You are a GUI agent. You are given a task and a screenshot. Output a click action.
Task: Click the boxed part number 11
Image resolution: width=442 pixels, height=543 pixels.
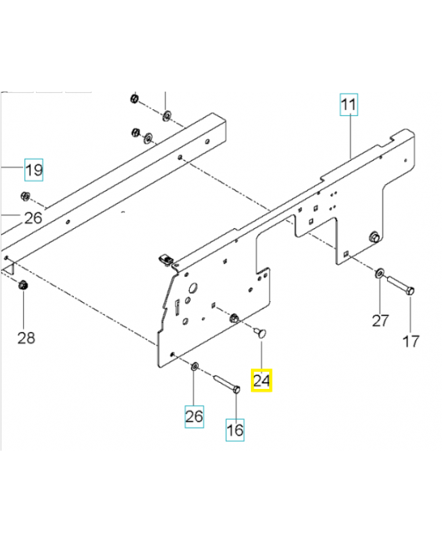348,106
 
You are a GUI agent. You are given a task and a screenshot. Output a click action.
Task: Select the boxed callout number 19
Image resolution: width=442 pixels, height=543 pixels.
34,169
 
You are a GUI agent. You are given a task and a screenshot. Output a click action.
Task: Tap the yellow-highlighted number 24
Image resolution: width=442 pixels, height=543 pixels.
262,380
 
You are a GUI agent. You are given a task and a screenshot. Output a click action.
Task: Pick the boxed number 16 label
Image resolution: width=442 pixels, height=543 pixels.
235,430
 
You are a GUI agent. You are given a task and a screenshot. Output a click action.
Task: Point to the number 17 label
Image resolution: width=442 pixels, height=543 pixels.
411,341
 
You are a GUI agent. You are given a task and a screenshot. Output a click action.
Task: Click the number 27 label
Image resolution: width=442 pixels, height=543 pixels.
380,320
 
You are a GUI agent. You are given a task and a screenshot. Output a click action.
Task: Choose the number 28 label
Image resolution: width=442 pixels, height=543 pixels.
25,337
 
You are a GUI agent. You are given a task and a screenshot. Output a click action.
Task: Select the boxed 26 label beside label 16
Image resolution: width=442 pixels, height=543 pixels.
195,416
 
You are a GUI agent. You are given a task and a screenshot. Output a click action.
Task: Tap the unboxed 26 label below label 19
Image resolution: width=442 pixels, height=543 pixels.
33,218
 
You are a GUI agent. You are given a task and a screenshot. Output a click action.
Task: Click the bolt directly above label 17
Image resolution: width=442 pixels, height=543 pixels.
402,285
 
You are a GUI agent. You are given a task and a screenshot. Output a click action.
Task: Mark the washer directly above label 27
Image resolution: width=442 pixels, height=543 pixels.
380,274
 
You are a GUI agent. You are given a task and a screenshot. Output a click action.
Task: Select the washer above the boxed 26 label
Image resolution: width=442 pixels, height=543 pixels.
194,367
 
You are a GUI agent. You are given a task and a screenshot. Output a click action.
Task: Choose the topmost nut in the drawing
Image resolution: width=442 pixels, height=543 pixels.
134,100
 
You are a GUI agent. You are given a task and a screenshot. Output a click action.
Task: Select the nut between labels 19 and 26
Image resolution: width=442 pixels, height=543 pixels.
24,198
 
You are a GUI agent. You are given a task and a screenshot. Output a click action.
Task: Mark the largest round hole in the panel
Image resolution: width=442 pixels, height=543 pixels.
190,288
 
